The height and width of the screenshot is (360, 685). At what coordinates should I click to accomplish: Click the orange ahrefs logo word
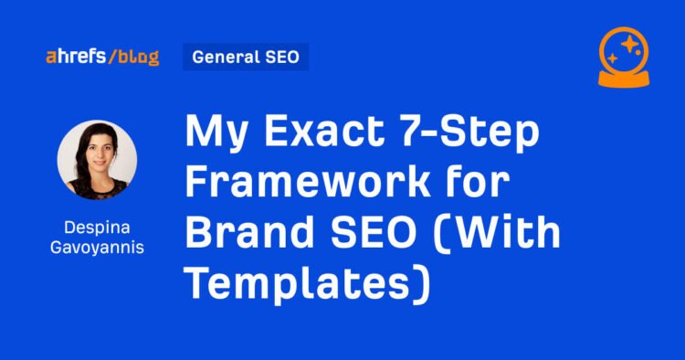75,58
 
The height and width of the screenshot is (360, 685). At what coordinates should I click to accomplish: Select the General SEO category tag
246,57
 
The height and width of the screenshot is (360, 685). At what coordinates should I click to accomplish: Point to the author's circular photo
98,161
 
